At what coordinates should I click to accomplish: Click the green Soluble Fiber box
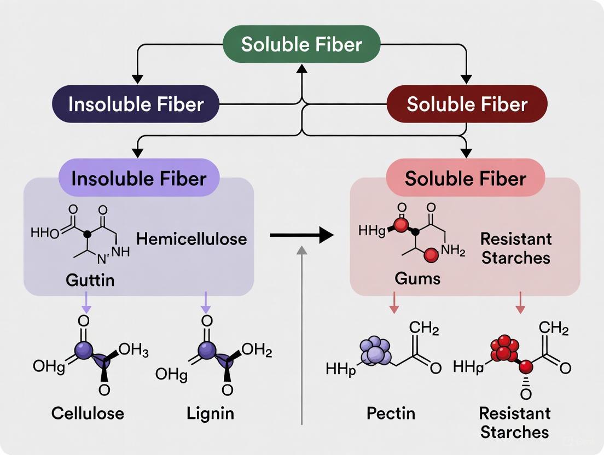(301, 44)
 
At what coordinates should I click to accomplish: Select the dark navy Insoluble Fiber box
(136, 104)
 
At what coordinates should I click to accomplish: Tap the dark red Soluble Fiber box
(467, 104)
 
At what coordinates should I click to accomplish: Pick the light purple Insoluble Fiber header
(138, 178)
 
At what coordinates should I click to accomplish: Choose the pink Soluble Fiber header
(466, 178)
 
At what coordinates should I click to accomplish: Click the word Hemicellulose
(191, 238)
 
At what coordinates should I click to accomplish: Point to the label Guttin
(90, 281)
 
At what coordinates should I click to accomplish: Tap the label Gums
(417, 278)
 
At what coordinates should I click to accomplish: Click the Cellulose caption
(88, 412)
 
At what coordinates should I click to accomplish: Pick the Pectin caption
(391, 412)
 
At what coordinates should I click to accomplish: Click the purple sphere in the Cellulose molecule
(83, 349)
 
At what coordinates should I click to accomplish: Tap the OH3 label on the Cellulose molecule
(133, 350)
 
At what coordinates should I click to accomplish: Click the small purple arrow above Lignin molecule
(206, 302)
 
